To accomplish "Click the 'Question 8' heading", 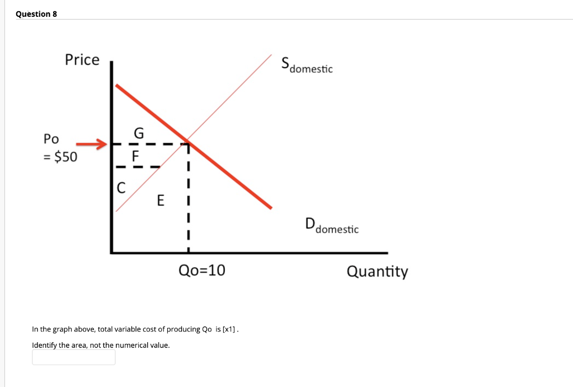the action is pyautogui.click(x=36, y=14).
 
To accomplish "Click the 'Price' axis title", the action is pyautogui.click(x=82, y=59).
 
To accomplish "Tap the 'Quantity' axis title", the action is pyautogui.click(x=377, y=272).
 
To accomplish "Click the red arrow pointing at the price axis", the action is pyautogui.click(x=91, y=145).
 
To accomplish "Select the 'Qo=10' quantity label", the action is pyautogui.click(x=201, y=271).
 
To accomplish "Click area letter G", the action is pyautogui.click(x=139, y=133).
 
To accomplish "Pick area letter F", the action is pyautogui.click(x=134, y=156).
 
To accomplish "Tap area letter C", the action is pyautogui.click(x=120, y=188).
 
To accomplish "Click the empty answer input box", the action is pyautogui.click(x=73, y=357).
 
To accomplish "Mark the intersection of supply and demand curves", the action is pyautogui.click(x=187, y=140).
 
